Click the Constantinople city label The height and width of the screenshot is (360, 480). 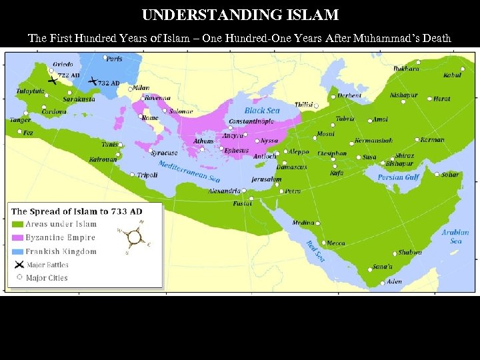pos(251,122)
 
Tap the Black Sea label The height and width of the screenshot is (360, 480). pos(262,110)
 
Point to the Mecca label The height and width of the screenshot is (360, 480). pos(335,243)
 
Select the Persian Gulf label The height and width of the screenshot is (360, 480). pos(398,177)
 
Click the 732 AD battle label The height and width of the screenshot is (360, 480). pos(109,83)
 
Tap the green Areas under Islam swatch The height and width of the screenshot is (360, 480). pos(18,224)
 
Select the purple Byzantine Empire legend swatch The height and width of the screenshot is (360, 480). pos(18,237)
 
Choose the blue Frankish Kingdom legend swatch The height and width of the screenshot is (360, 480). pos(18,251)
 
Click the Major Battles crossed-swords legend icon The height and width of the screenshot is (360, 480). pos(18,265)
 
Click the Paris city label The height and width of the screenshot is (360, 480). pos(115,59)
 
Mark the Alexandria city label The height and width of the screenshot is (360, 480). pos(224,191)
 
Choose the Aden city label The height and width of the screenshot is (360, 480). pos(395,281)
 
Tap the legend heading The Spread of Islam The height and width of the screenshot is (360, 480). pos(76,211)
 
